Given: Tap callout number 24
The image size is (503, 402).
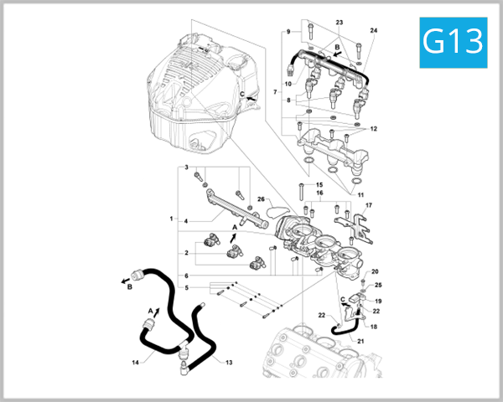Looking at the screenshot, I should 374,31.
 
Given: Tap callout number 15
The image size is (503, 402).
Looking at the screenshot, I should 319,184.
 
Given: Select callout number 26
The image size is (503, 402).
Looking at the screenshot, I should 261,199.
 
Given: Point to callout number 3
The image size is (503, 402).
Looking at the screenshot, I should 186,168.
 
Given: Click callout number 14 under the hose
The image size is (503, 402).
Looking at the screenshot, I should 135,363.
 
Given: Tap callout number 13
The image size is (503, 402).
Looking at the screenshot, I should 227,361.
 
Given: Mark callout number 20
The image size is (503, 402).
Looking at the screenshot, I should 375,271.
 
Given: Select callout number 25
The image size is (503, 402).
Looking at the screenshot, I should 377,286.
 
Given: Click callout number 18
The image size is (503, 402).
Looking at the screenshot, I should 375,327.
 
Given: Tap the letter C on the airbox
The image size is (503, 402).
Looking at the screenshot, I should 242,94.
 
